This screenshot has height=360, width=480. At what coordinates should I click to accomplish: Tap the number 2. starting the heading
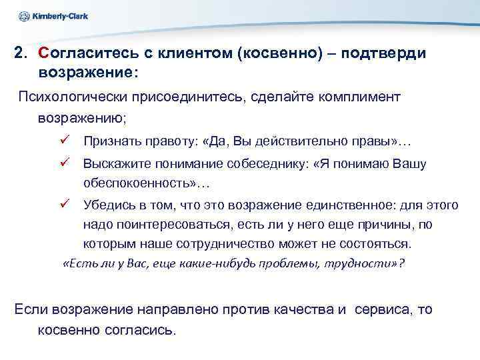(x=21, y=53)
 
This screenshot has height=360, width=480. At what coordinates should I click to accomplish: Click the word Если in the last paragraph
(x=29, y=309)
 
